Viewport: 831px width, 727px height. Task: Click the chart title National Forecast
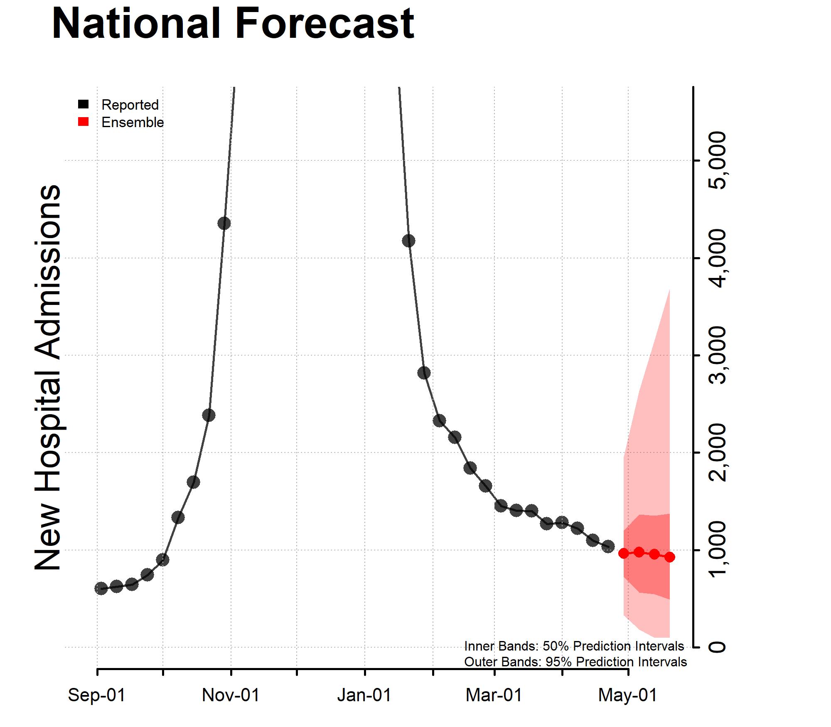(233, 24)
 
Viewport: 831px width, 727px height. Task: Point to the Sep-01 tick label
(96, 695)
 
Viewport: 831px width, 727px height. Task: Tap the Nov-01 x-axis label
(231, 695)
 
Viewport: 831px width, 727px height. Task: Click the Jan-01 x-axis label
(364, 695)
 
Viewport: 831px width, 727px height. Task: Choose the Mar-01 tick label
(494, 695)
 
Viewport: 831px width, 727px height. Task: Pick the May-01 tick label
(627, 695)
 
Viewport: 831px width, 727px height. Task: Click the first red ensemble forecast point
(623, 553)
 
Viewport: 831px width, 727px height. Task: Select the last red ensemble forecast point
(669, 558)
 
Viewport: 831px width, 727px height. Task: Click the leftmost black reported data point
(101, 588)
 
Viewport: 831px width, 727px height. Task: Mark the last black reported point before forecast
(608, 547)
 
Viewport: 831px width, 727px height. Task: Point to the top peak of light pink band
(669, 290)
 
